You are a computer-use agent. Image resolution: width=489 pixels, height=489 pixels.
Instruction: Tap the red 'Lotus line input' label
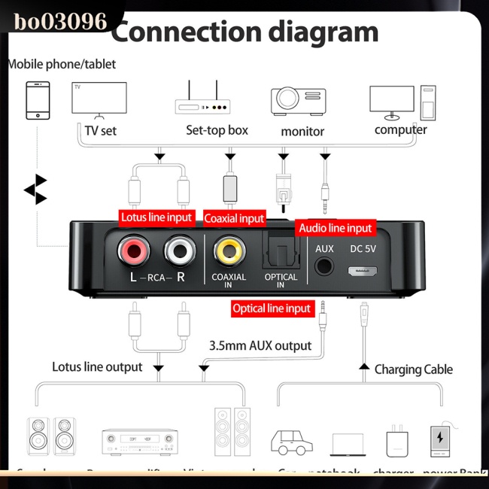pyautogui.click(x=157, y=217)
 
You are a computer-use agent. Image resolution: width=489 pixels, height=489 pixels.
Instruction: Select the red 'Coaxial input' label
pyautogui.click(x=234, y=218)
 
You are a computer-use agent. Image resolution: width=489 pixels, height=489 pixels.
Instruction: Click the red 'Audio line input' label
pyautogui.click(x=336, y=227)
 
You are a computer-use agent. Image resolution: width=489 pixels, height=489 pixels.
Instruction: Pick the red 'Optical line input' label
pyautogui.click(x=272, y=308)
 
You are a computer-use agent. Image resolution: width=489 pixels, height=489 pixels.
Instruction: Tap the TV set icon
pyautogui.click(x=98, y=101)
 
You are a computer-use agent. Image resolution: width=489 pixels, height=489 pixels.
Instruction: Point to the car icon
pyautogui.click(x=292, y=442)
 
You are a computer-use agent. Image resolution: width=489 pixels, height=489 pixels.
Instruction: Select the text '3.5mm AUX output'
pyautogui.click(x=260, y=346)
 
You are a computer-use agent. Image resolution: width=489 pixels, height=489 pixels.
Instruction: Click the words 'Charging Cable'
pyautogui.click(x=414, y=369)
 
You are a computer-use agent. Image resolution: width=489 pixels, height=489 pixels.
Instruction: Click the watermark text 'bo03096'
pyautogui.click(x=60, y=20)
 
